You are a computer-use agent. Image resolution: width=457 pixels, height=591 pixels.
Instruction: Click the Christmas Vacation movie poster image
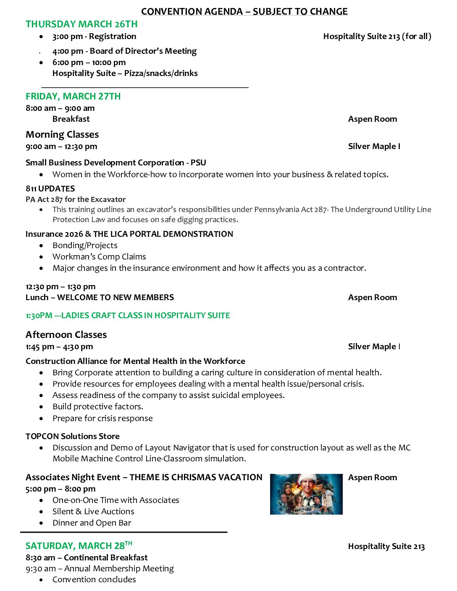click(306, 494)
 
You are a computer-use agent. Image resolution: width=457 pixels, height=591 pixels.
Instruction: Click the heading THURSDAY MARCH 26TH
click(81, 24)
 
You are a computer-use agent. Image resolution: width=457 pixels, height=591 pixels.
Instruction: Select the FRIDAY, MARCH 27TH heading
click(73, 97)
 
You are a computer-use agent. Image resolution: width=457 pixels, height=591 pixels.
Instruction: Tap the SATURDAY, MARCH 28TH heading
click(79, 546)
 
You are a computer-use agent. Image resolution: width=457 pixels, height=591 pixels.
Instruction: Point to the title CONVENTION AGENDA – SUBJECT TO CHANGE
click(244, 11)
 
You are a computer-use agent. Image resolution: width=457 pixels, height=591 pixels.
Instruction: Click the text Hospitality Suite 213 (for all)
click(377, 37)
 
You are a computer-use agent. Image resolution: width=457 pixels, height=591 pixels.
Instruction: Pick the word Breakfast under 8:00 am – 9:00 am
click(71, 119)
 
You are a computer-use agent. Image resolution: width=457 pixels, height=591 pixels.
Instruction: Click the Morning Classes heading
click(62, 135)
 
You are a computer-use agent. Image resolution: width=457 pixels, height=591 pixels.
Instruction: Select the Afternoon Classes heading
click(66, 335)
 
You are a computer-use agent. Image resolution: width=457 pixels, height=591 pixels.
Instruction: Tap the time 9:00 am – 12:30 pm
click(61, 146)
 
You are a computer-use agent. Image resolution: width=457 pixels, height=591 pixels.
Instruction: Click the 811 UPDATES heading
click(50, 188)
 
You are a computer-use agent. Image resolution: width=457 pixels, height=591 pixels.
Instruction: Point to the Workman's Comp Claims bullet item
click(99, 256)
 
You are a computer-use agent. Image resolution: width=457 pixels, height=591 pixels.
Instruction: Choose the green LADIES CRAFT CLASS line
click(128, 315)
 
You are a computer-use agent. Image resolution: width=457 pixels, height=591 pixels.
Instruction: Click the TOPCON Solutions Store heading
click(72, 436)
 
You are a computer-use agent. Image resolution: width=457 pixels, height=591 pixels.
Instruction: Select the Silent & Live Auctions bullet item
click(93, 511)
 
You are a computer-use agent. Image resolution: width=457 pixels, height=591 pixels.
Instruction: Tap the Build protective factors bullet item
click(97, 406)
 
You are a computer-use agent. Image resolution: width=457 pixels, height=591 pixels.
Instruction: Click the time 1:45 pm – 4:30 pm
click(59, 347)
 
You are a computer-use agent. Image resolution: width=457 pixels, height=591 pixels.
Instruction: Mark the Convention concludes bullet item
click(94, 580)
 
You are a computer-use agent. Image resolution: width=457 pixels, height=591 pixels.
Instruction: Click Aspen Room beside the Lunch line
click(372, 298)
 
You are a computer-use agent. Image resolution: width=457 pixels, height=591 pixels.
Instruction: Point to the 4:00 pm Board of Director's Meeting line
click(124, 51)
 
